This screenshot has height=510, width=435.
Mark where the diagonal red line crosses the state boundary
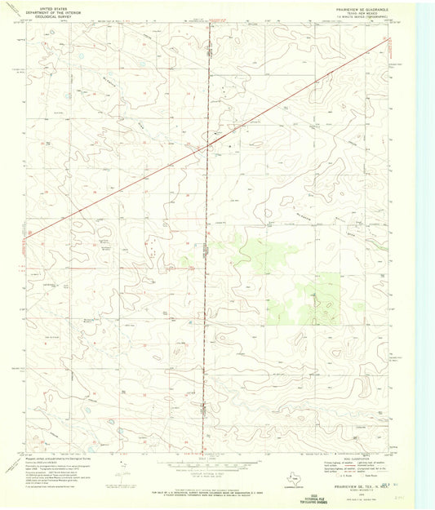(207, 145)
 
